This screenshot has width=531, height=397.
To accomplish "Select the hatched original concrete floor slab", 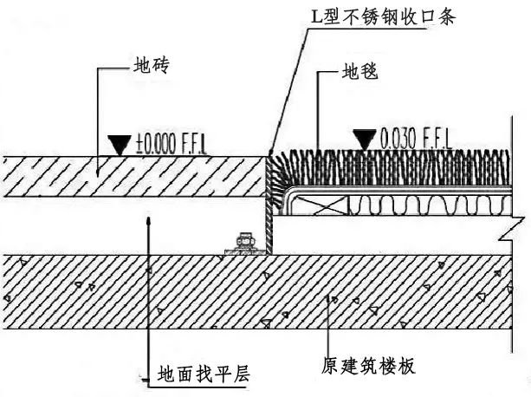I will click(x=260, y=295).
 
